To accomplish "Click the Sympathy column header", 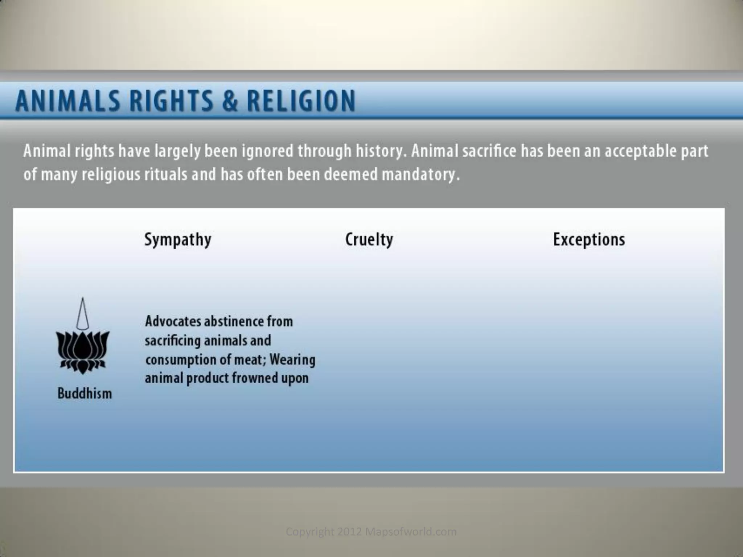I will [x=178, y=240].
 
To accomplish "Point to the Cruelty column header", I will [x=369, y=240].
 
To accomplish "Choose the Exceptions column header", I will [x=589, y=240].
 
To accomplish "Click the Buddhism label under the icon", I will [x=85, y=393].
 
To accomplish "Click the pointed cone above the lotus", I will [x=83, y=314].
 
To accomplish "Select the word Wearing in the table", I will [x=292, y=360].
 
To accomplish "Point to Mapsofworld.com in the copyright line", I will [x=411, y=532].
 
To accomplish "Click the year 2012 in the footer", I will [x=350, y=532].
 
